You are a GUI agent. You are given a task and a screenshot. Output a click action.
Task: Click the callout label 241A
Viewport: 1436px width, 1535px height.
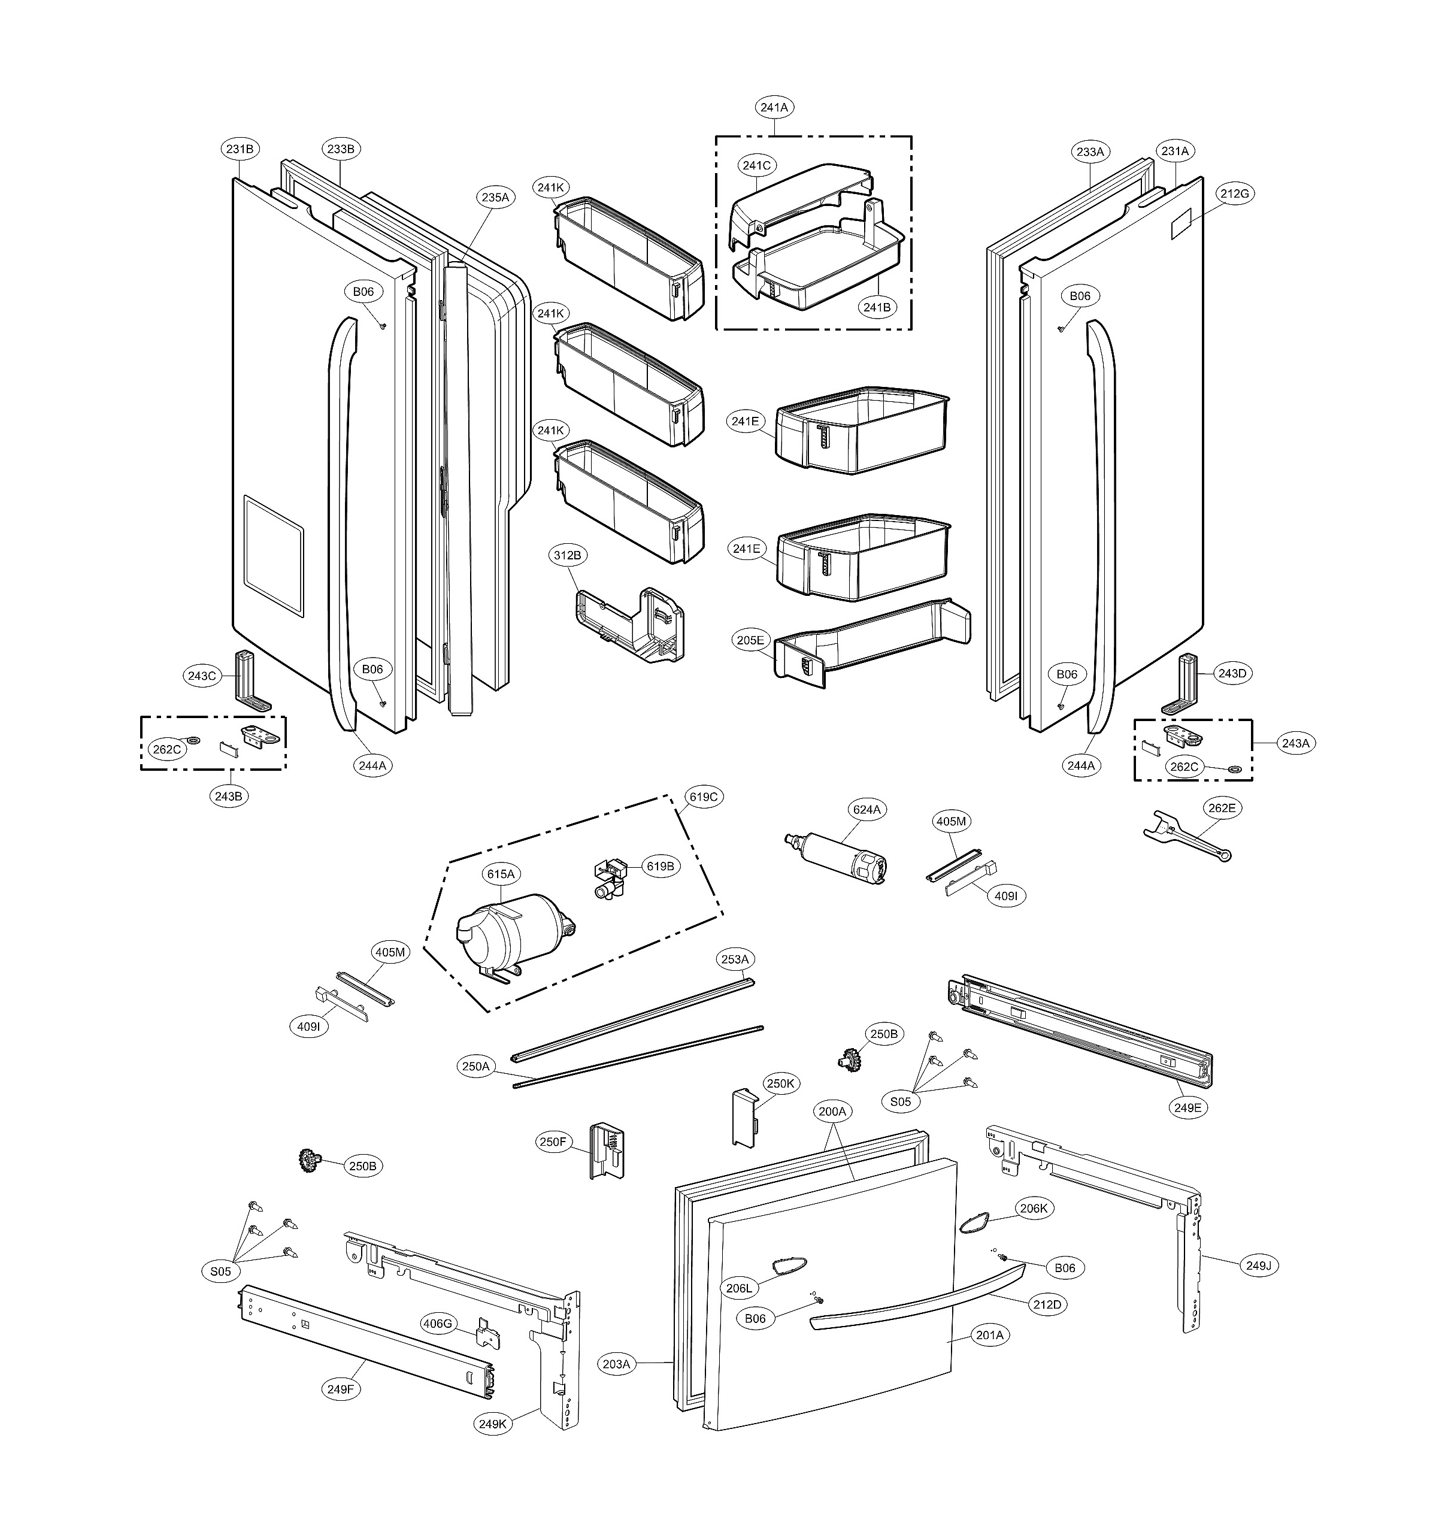pyautogui.click(x=774, y=108)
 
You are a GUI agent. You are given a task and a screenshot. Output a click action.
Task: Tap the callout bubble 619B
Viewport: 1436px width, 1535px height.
pyautogui.click(x=660, y=867)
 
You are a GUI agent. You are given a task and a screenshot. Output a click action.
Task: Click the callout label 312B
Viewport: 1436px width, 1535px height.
pyautogui.click(x=568, y=555)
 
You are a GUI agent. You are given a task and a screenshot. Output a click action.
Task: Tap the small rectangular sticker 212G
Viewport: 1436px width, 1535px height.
pyautogui.click(x=1181, y=224)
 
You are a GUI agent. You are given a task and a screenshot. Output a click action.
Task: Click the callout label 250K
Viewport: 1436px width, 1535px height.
pyautogui.click(x=780, y=1084)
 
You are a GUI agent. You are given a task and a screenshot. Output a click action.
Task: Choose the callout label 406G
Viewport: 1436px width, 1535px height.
pyautogui.click(x=437, y=1324)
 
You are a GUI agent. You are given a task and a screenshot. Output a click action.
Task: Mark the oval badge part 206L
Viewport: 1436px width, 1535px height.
pyautogui.click(x=787, y=1265)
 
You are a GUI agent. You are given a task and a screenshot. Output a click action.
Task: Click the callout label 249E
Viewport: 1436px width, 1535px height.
pyautogui.click(x=1188, y=1107)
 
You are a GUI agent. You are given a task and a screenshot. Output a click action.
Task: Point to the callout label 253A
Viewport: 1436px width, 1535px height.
pyautogui.click(x=734, y=960)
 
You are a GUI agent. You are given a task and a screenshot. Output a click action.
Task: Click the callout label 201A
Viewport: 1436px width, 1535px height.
pyautogui.click(x=990, y=1334)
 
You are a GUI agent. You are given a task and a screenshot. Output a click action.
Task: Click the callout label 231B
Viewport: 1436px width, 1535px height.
pyautogui.click(x=240, y=149)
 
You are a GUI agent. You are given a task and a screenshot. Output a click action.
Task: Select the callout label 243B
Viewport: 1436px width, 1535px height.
pyautogui.click(x=229, y=795)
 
